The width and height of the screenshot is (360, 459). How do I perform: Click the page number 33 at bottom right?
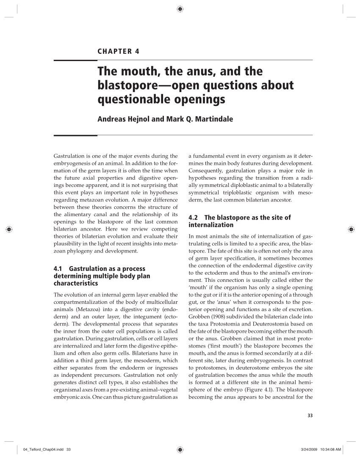tap(310, 415)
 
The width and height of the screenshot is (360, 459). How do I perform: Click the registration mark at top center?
tap(180, 8)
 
